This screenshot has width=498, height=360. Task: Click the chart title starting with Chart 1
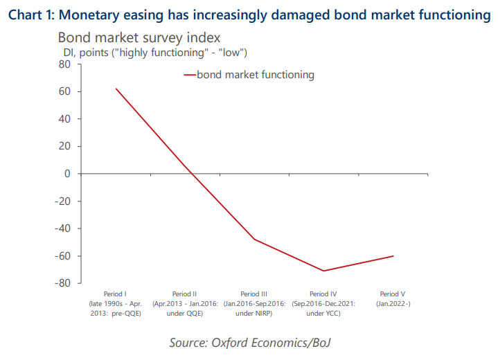point(249,12)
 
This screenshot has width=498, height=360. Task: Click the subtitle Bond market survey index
point(139,38)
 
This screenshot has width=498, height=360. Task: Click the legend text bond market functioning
point(255,75)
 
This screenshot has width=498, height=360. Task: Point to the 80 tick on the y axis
point(65,64)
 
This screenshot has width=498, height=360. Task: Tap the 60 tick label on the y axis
point(65,91)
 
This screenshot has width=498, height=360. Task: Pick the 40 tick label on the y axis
point(65,119)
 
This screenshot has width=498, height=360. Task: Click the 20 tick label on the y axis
point(65,146)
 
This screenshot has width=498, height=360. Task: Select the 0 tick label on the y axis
point(68,174)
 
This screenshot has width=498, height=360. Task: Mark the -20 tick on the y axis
point(63,201)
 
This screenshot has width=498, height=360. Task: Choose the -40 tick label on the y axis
point(63,228)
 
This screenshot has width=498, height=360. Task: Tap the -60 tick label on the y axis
point(63,255)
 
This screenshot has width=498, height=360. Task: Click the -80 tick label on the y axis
point(63,283)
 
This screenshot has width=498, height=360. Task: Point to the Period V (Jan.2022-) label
point(393,299)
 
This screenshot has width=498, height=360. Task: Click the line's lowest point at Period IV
point(323,271)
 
